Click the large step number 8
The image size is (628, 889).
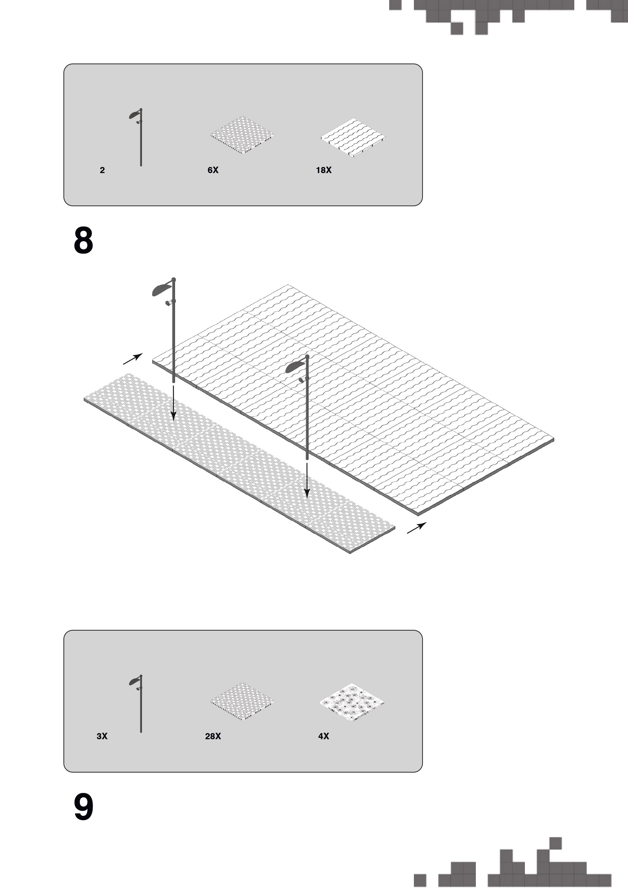click(x=83, y=240)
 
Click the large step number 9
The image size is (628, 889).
click(x=83, y=807)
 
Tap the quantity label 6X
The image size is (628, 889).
click(x=213, y=170)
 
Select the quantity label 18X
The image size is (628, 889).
click(x=323, y=170)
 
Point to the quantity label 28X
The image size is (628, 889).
click(x=213, y=736)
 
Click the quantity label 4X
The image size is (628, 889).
click(x=323, y=736)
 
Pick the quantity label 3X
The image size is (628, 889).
click(x=102, y=736)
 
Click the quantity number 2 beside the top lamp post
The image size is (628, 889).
click(x=102, y=170)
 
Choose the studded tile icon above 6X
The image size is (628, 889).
click(x=243, y=135)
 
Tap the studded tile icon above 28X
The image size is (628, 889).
click(x=243, y=701)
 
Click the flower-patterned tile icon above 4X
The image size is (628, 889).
click(x=352, y=702)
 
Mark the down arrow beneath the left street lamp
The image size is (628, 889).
click(x=173, y=403)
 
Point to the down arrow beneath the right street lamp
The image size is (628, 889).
click(x=307, y=481)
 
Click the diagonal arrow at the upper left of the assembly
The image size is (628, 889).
click(x=133, y=359)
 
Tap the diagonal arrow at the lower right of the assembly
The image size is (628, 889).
click(x=417, y=528)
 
